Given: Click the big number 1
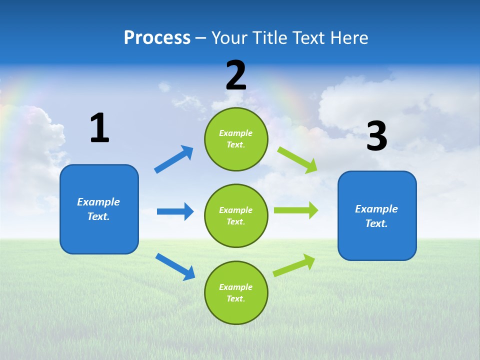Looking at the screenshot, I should tap(99, 128).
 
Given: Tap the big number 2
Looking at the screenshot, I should tap(236, 75).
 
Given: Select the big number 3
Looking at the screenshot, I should tap(376, 136).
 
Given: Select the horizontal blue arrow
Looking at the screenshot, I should tap(175, 211).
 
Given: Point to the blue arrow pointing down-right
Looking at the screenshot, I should tap(175, 266).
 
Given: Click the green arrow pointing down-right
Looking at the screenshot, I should tap(297, 159).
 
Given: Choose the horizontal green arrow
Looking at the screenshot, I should tap(296, 210).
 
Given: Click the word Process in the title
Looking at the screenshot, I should tap(157, 37).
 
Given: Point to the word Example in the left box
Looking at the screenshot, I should tap(98, 202).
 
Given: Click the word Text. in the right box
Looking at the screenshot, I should tap(376, 223).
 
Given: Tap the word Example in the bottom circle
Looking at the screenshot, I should tap(236, 287).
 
